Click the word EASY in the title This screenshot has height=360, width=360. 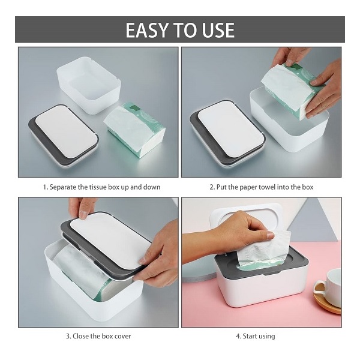[x=146, y=30]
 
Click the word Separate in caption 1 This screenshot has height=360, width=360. [x=62, y=187]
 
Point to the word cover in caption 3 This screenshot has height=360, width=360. [x=122, y=337]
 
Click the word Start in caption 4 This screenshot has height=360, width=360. [x=250, y=337]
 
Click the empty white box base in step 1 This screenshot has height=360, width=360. [x=89, y=85]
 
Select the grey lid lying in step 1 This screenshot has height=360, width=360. [x=64, y=136]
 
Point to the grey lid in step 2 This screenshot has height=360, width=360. [x=227, y=133]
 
